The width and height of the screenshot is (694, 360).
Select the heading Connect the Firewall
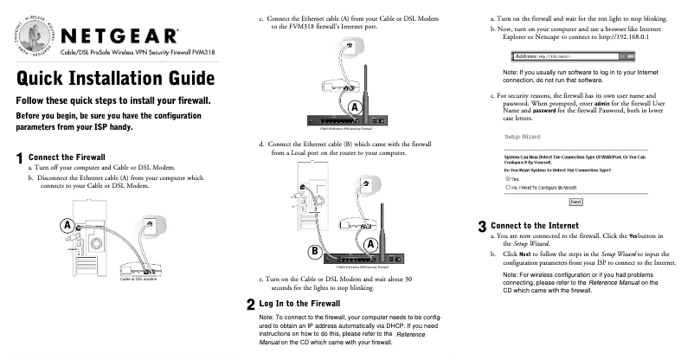(x=66, y=157)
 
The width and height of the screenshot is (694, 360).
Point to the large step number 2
(x=250, y=305)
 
